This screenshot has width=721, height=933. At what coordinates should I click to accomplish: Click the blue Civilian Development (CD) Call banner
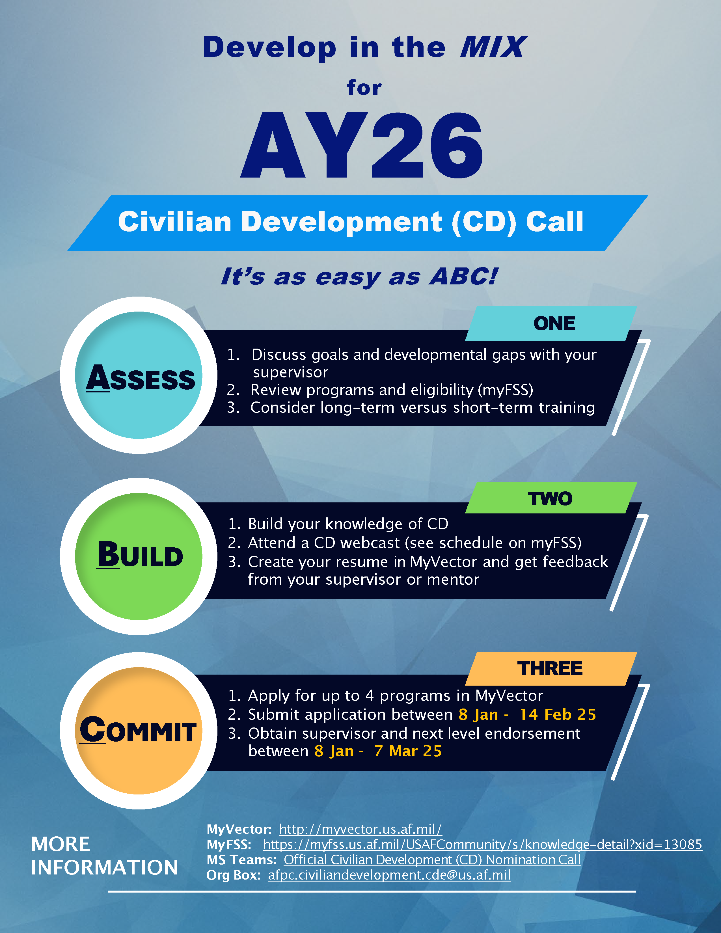tap(357, 223)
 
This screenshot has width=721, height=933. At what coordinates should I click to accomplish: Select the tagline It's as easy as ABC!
tap(359, 277)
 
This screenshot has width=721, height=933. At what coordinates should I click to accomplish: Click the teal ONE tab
tap(551, 323)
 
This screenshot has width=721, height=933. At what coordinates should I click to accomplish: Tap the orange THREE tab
tap(551, 668)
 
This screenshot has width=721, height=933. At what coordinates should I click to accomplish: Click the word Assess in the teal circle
tap(141, 378)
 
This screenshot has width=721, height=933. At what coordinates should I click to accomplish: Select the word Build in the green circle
tap(140, 554)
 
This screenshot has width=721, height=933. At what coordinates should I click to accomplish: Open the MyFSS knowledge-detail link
tap(483, 845)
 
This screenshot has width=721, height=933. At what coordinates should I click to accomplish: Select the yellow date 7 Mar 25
tap(408, 751)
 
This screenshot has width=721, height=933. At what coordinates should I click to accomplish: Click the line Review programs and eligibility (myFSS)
tap(380, 390)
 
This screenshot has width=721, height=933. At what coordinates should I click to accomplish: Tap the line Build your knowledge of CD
tap(338, 524)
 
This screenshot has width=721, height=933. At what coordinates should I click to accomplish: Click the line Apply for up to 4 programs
tap(386, 696)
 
